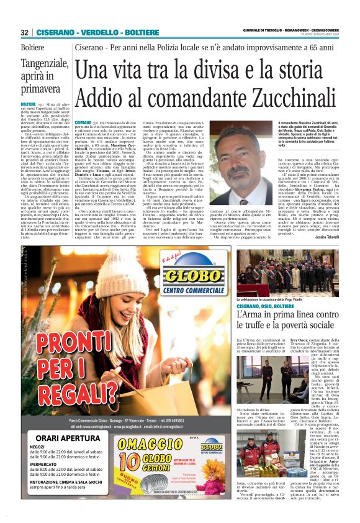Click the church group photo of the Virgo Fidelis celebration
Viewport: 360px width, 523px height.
(x=287, y=272)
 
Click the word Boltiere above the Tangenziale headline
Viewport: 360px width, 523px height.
(x=32, y=47)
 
